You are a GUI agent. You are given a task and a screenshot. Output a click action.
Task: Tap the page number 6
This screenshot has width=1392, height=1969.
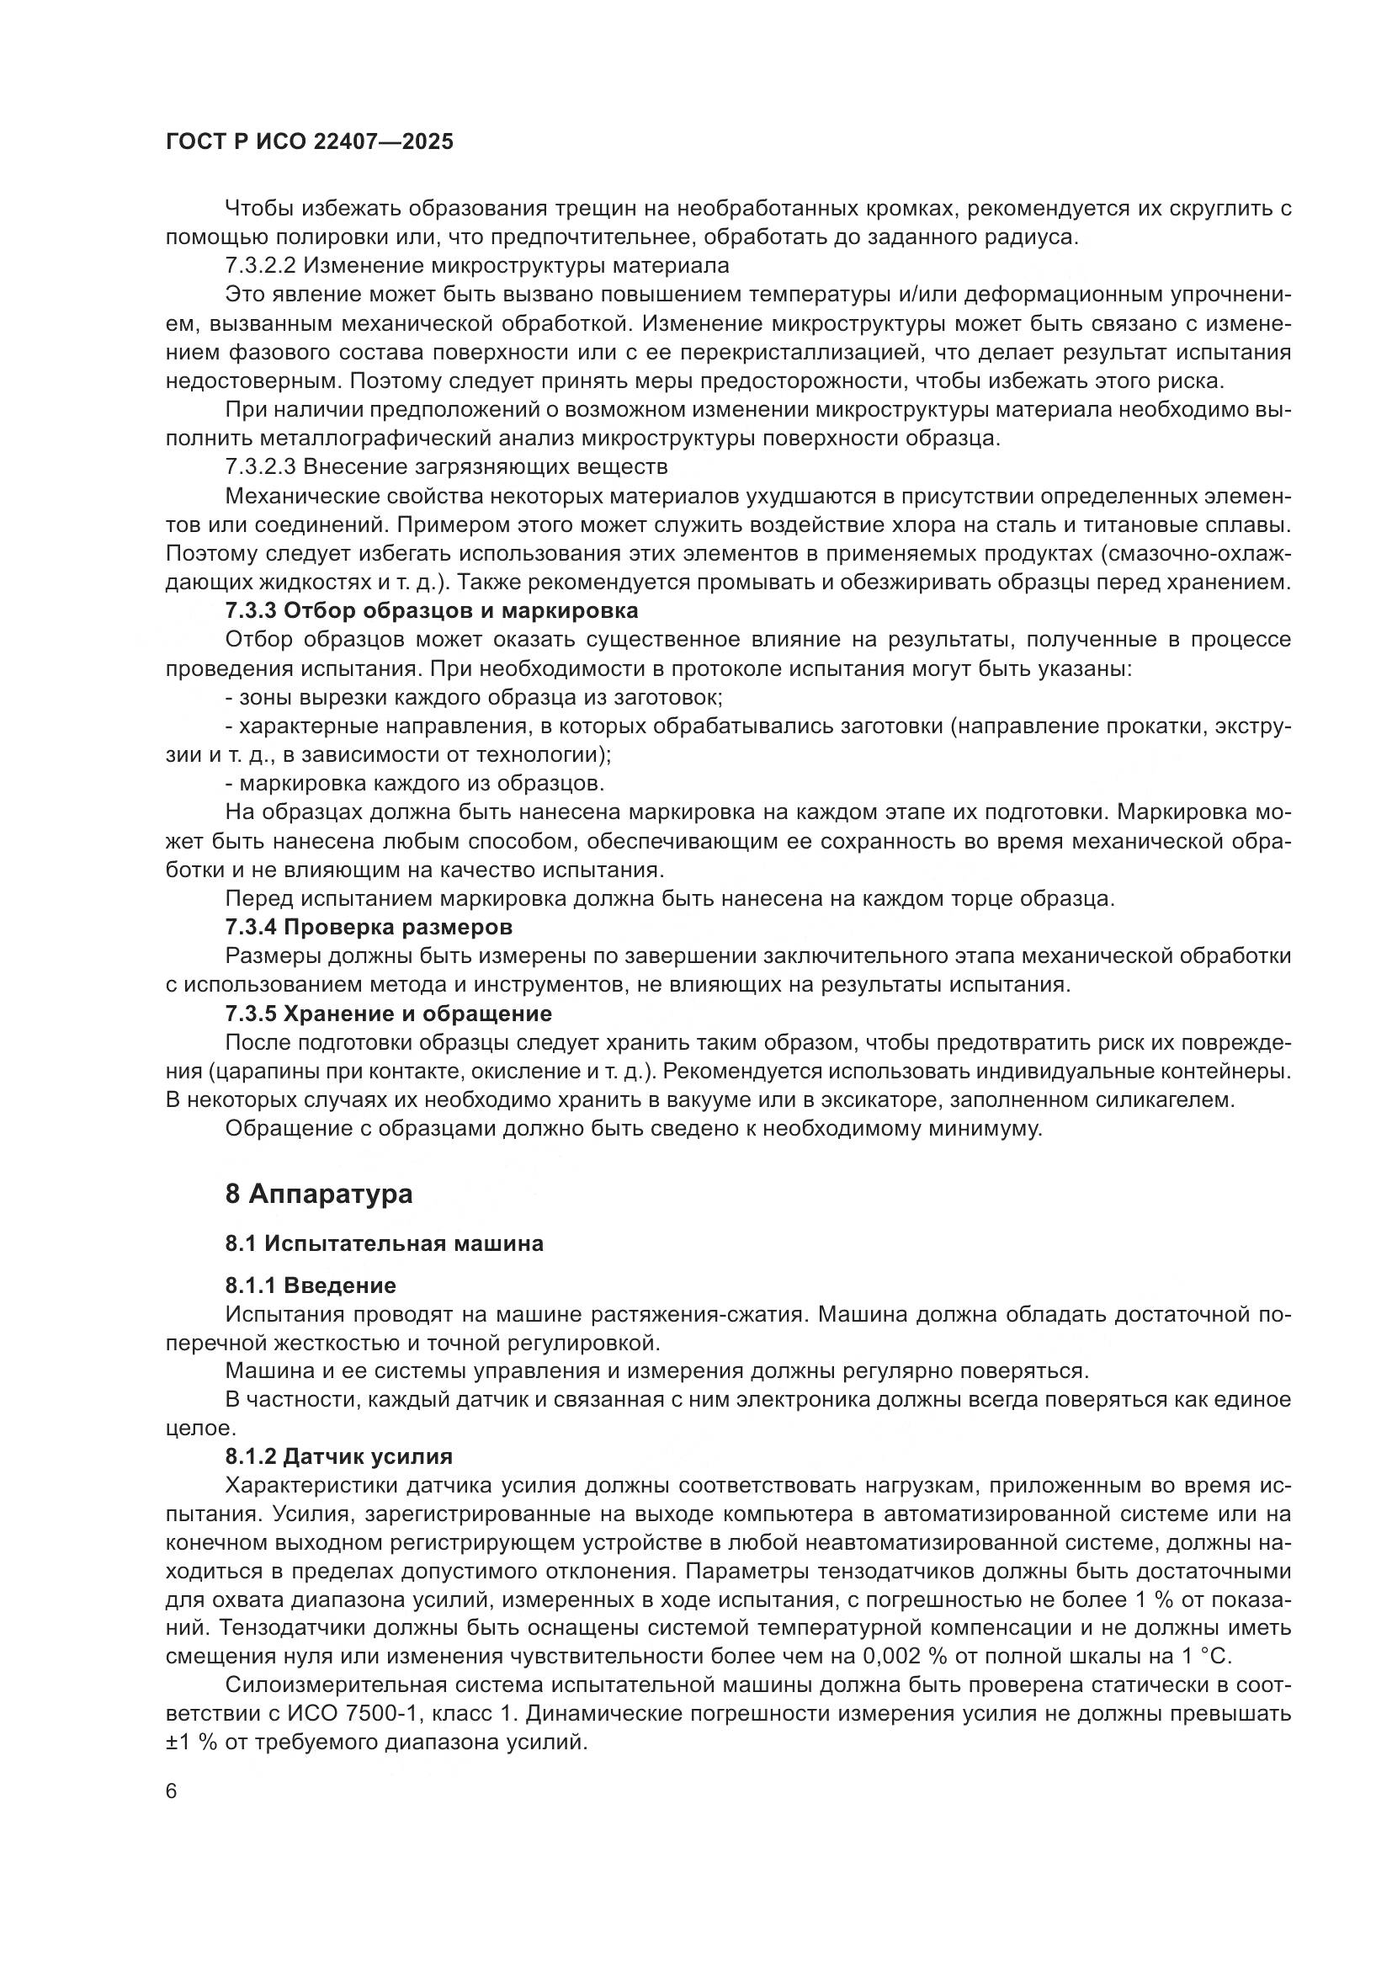(172, 1791)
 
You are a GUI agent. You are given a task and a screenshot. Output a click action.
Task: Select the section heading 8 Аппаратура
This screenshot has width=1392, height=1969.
(319, 1194)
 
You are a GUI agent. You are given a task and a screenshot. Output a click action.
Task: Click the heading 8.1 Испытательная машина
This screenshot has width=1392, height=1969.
(384, 1243)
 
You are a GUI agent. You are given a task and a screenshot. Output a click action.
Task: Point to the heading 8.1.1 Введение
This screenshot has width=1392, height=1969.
(311, 1285)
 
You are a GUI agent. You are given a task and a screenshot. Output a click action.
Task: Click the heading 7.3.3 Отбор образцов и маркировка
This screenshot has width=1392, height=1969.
(431, 611)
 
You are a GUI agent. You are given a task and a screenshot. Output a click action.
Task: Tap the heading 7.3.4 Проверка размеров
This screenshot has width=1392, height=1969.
(369, 927)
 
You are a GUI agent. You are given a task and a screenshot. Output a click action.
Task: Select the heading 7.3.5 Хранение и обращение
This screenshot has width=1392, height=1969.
(387, 1014)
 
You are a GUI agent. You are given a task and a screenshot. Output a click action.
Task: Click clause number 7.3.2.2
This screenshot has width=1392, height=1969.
(261, 266)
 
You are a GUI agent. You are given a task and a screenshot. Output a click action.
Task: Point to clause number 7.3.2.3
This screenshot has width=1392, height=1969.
(261, 467)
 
